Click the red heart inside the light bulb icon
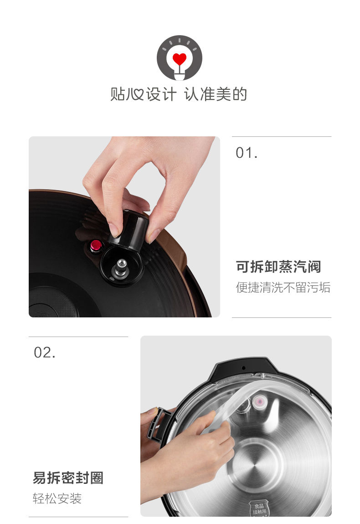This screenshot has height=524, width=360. [180, 59]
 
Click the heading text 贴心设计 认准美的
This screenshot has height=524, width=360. [179, 94]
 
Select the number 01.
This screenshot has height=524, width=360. [247, 153]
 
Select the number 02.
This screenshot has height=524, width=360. [45, 353]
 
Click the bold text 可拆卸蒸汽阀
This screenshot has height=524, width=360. [278, 267]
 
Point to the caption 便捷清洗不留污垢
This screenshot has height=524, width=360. [283, 288]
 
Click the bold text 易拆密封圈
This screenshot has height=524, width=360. [68, 478]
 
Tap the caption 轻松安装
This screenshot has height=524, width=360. [57, 498]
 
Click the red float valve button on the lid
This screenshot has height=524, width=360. [96, 246]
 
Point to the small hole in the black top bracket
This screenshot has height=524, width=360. [243, 368]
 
